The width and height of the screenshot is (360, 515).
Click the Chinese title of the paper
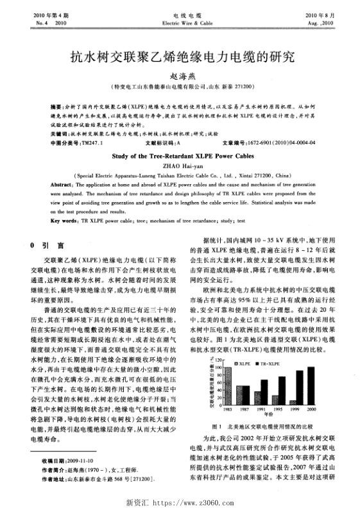[x=180, y=56]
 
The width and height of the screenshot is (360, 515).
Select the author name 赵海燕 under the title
[x=180, y=75]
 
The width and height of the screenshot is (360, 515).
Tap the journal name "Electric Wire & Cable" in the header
[x=179, y=22]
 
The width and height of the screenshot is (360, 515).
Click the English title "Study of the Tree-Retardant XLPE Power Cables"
[x=180, y=155]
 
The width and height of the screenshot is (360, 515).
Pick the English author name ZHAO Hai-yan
[x=180, y=164]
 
